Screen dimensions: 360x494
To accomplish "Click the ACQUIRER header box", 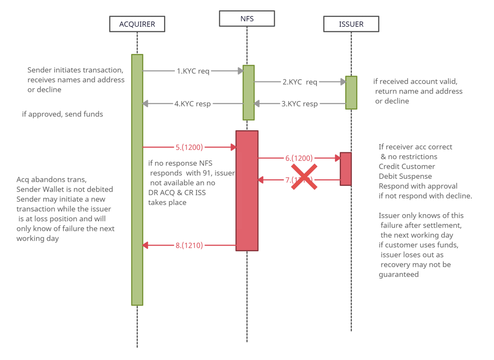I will tap(137, 24).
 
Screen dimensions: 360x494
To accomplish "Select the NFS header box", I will tap(247, 19).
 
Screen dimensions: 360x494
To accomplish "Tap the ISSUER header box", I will tap(351, 24).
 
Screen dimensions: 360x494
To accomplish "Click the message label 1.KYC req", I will tap(193, 71).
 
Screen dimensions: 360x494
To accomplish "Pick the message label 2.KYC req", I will tap(300, 82).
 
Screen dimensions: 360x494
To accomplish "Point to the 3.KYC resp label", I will tap(300, 104).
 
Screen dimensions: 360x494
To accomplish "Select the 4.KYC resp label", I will tap(193, 104).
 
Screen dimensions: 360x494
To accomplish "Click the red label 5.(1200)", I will tap(189, 147).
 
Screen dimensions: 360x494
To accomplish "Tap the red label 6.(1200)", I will tap(299, 158).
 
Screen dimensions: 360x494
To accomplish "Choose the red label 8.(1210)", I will tap(189, 245).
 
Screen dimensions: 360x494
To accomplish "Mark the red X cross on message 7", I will tap(304, 177).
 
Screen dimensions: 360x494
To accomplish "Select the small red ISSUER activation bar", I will tap(346, 169).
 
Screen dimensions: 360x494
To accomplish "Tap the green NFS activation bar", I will tap(249, 92).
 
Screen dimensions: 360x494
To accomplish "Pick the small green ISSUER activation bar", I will tap(351, 92).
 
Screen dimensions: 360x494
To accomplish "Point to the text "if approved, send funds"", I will tap(62, 114).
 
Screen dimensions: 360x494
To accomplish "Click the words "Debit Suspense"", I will tap(405, 176).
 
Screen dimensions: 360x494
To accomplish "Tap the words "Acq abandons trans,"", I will tap(51, 180).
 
